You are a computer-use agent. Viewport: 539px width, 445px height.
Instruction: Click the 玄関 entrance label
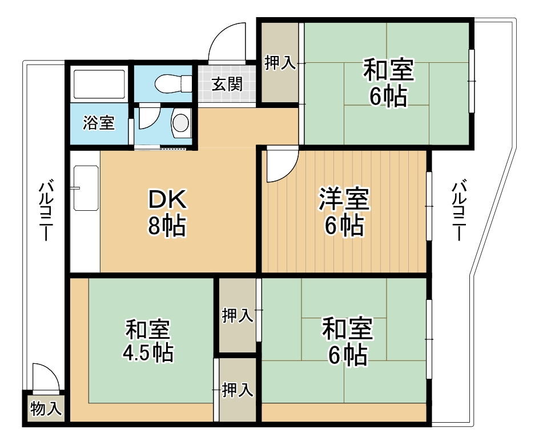coord(227,85)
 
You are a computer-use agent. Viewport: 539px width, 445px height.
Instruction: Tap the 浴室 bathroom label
coord(99,123)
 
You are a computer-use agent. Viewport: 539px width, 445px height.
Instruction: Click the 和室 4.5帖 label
coord(147,341)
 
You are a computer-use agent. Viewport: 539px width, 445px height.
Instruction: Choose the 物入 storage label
coord(45,409)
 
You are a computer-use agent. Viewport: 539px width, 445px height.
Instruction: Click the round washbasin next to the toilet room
coord(180,122)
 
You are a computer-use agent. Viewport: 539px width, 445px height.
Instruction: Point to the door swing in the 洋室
coord(281,164)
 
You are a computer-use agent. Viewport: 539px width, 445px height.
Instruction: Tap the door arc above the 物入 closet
coord(45,376)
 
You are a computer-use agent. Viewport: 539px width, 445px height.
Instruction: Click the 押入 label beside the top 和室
coord(280,63)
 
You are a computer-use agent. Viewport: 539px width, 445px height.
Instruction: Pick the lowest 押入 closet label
coord(237,390)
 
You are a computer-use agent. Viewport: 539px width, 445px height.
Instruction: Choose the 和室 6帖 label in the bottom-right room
coord(347,341)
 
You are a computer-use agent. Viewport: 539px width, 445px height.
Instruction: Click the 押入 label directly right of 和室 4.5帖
coord(237,315)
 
